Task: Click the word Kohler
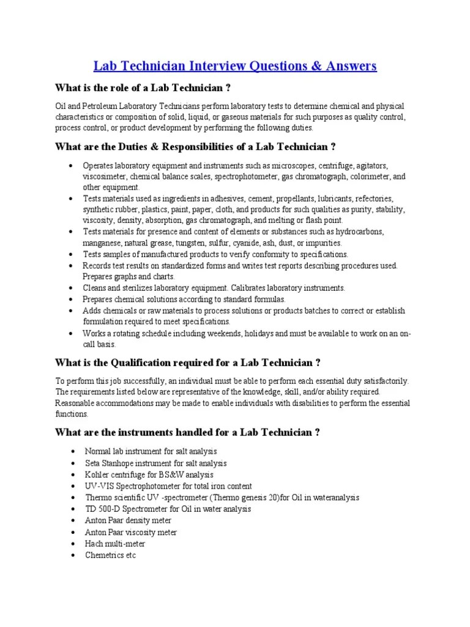97,475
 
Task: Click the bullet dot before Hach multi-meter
72,544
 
